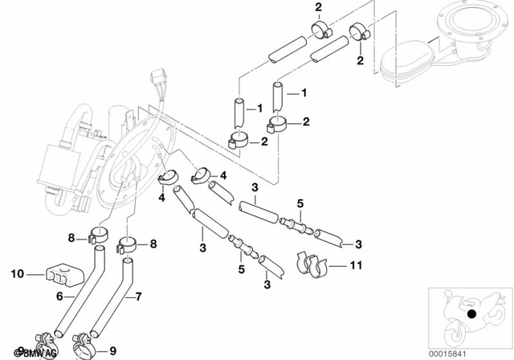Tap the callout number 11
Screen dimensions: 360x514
[357, 264]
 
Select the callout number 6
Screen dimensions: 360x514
[59, 297]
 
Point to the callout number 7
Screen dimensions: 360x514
[137, 297]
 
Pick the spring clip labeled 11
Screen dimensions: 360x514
[313, 263]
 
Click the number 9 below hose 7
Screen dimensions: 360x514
[112, 351]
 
